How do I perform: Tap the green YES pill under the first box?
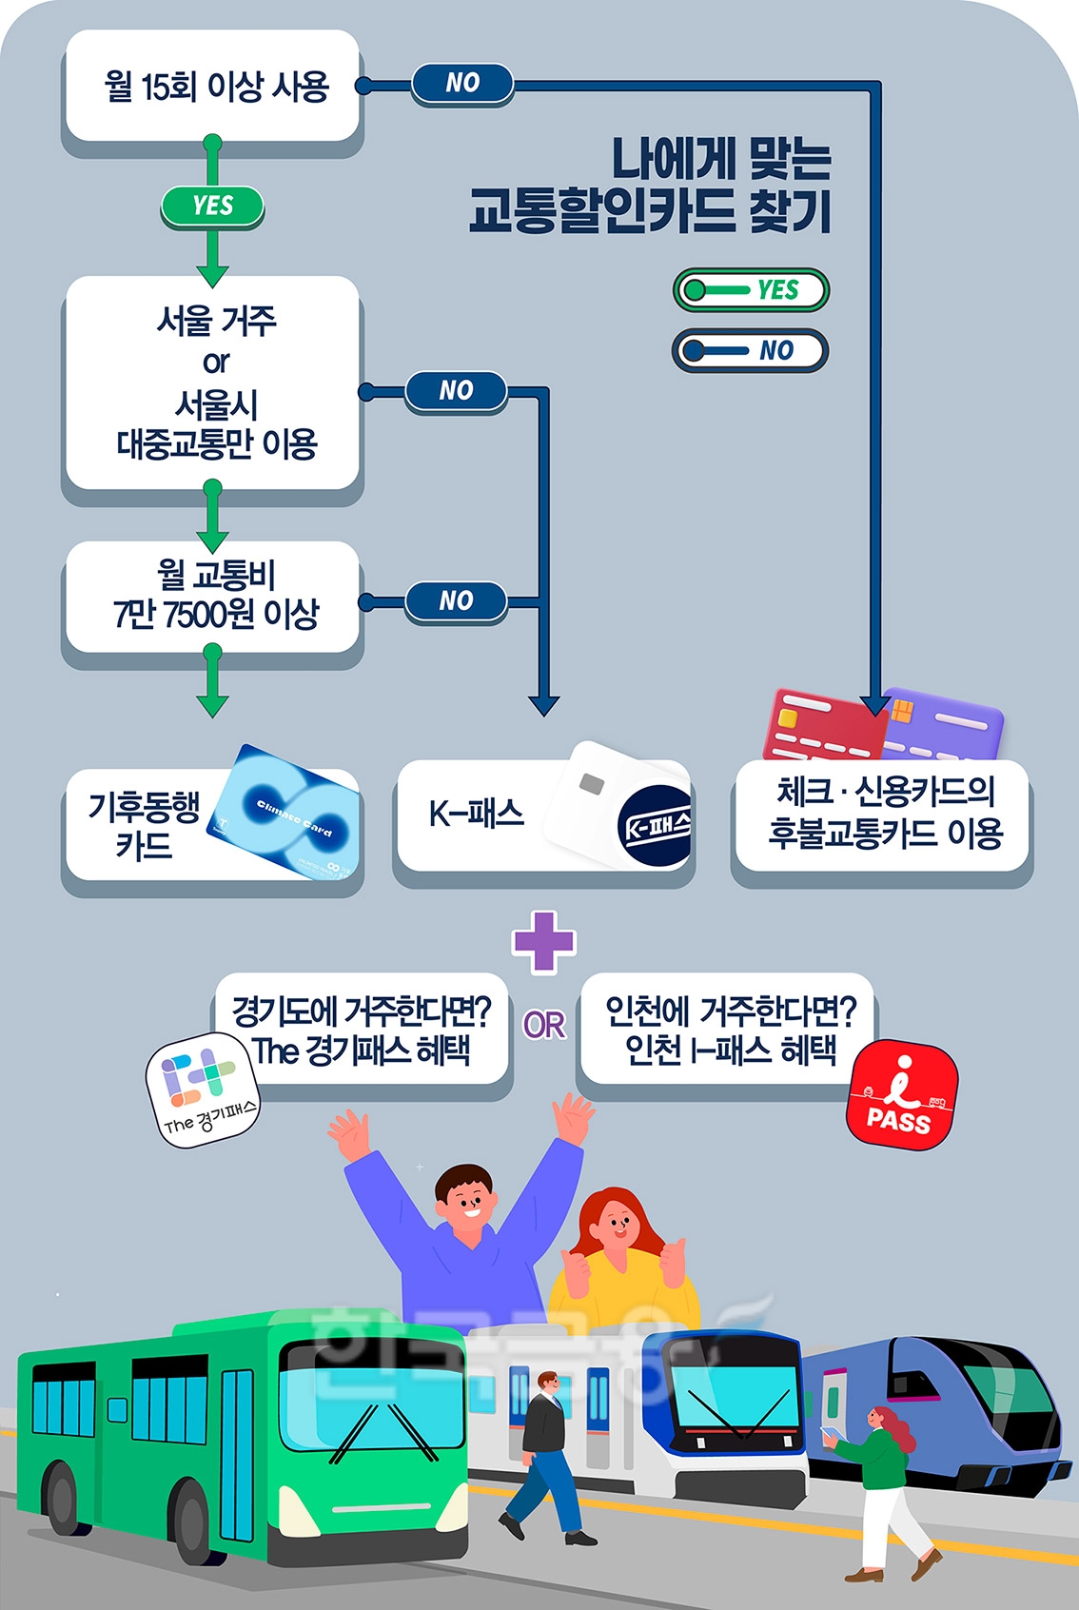212,206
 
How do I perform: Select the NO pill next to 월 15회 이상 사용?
462,84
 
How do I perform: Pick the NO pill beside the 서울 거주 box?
456,391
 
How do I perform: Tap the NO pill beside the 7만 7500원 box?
456,601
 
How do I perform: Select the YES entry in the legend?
751,289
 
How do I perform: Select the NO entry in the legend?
751,350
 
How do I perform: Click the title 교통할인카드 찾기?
651,211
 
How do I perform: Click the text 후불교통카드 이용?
885,834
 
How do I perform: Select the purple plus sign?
543,942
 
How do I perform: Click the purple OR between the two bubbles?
544,1025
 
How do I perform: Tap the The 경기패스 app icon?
202,1090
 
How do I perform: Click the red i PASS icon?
900,1094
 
